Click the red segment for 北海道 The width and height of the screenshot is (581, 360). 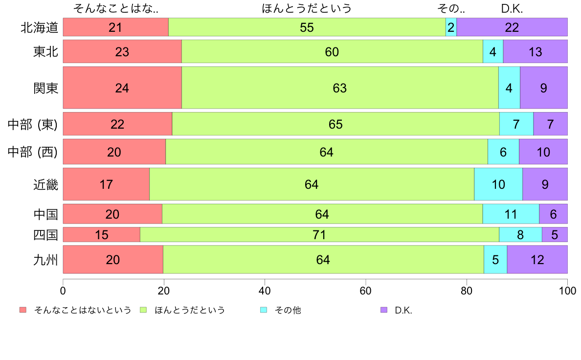coord(115,27)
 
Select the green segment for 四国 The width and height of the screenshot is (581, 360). coord(319,235)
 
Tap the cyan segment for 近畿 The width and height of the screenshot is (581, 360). coord(498,184)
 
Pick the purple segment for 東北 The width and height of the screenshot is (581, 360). coord(535,51)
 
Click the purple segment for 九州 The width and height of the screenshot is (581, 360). coord(537,260)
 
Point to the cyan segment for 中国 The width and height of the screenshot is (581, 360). coord(511,214)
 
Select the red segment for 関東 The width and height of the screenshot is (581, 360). coord(122,88)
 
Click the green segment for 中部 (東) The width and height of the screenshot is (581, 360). coord(335,124)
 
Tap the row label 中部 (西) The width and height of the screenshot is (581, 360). coord(33,152)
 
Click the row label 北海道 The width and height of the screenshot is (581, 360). coord(40,27)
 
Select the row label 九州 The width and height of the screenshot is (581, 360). coord(45,260)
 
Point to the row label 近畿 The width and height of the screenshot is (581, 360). coord(45,184)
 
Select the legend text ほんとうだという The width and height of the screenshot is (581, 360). coord(190,310)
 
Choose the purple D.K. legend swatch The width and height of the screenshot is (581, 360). coord(384,310)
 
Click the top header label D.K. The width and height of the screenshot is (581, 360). coord(512,8)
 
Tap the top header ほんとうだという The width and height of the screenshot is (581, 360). coord(307,8)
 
